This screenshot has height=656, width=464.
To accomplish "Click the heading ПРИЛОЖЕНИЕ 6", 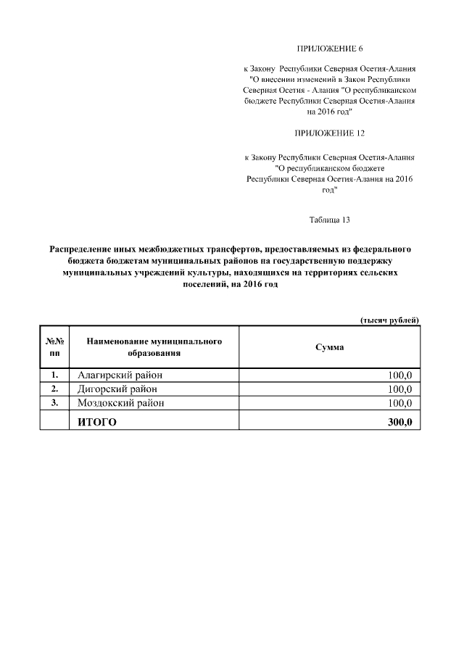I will pyautogui.click(x=329, y=49).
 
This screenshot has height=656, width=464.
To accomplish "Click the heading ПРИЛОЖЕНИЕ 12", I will pyautogui.click(x=329, y=134).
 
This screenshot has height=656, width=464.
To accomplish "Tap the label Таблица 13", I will pyautogui.click(x=329, y=219).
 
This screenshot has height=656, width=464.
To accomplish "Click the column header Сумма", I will pyautogui.click(x=329, y=347).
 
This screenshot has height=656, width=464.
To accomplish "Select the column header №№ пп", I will pyautogui.click(x=54, y=347).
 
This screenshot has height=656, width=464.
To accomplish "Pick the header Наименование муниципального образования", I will pyautogui.click(x=154, y=347).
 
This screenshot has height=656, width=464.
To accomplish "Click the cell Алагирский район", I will pyautogui.click(x=120, y=375).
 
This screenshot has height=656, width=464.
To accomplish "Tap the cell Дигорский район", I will pyautogui.click(x=117, y=389).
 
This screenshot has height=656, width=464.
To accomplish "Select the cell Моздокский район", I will pyautogui.click(x=120, y=403).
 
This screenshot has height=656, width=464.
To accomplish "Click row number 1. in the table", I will pyautogui.click(x=54, y=375).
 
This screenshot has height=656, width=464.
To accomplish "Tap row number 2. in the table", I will pyautogui.click(x=54, y=389).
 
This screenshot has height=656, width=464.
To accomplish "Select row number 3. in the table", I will pyautogui.click(x=54, y=403).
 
